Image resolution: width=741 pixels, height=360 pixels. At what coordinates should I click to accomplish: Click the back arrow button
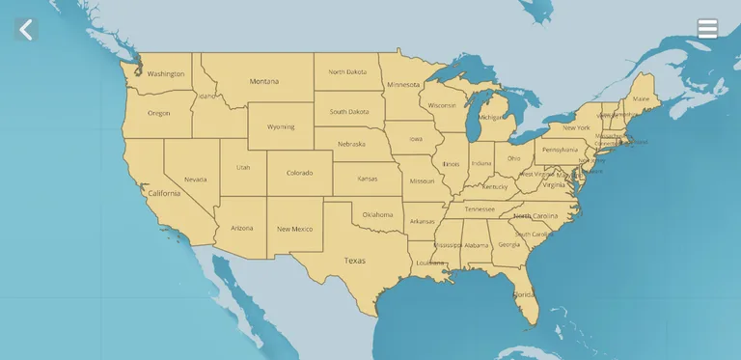tap(26, 30)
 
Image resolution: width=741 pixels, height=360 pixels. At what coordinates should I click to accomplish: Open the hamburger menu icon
tap(707, 29)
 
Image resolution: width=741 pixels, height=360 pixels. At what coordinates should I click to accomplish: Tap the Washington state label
tap(166, 73)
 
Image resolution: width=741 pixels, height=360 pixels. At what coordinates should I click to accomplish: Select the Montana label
tap(264, 81)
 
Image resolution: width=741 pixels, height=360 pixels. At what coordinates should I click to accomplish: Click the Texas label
tap(355, 261)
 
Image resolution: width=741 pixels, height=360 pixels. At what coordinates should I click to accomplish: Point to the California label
tap(164, 193)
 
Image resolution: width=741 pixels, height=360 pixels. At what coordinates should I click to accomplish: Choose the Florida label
tap(524, 293)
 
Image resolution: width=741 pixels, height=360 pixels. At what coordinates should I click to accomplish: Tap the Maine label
tap(641, 98)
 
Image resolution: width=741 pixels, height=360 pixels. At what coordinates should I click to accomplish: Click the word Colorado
tap(299, 173)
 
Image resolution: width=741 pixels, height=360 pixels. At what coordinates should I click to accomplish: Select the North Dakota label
tap(347, 71)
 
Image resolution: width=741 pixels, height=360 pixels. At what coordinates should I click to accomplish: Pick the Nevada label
tap(195, 179)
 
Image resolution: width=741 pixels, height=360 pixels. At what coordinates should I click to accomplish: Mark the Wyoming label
tap(281, 126)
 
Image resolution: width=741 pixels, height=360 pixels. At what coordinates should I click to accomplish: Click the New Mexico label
tap(294, 229)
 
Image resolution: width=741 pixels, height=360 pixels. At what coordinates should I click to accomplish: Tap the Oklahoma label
tap(377, 214)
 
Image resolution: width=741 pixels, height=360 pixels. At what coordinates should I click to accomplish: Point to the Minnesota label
tap(403, 84)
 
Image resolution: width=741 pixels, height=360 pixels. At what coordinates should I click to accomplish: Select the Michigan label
tap(492, 117)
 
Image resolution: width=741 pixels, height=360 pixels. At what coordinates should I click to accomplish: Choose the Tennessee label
tap(480, 209)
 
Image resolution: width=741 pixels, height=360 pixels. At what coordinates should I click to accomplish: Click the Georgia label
tap(508, 244)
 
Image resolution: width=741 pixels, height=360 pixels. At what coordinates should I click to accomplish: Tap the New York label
tap(576, 127)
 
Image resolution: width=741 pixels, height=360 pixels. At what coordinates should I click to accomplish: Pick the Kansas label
tap(368, 179)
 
